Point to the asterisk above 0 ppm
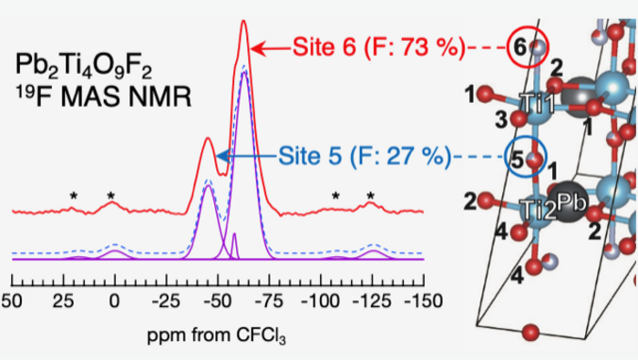(111, 196)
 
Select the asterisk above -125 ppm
(370, 196)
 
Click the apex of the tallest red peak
(243, 21)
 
